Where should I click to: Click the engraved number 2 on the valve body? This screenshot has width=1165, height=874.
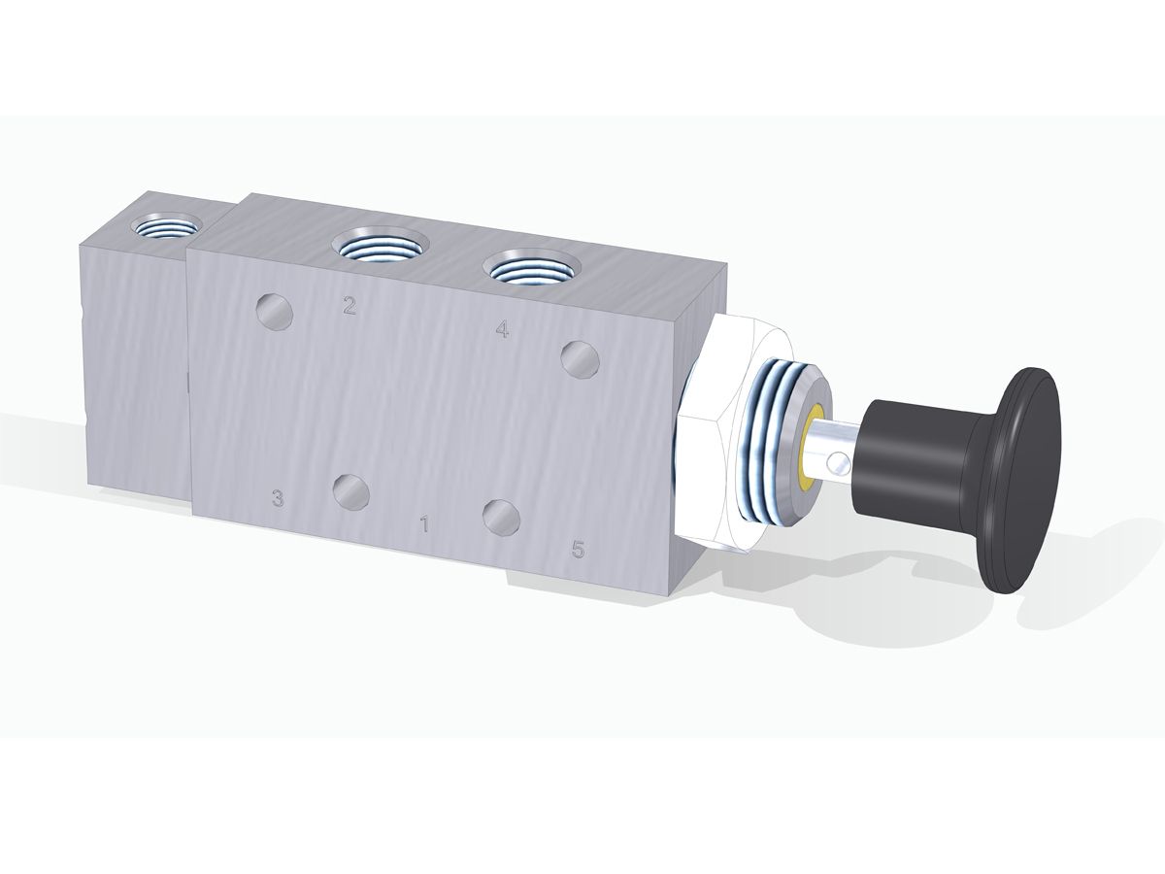[x=349, y=306]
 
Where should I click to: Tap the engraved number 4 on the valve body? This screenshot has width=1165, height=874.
[x=502, y=329]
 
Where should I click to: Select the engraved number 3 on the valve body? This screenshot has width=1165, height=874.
[x=277, y=498]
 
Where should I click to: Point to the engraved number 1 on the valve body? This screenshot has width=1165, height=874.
[x=424, y=524]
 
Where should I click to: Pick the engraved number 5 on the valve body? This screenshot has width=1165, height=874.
[x=578, y=550]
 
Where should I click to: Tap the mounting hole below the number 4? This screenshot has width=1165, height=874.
[x=581, y=359]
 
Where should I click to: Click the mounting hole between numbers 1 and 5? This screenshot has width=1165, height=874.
[x=502, y=517]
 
